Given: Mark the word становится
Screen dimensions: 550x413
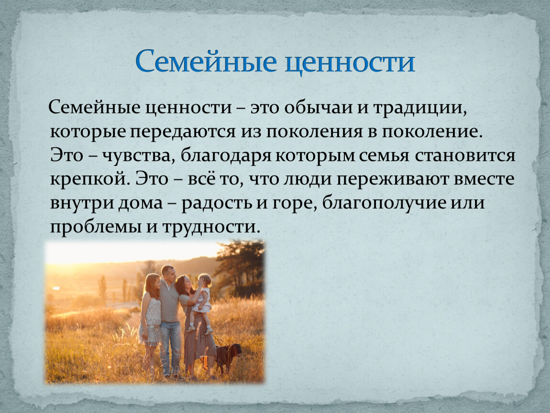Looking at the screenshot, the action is pos(465,156).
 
